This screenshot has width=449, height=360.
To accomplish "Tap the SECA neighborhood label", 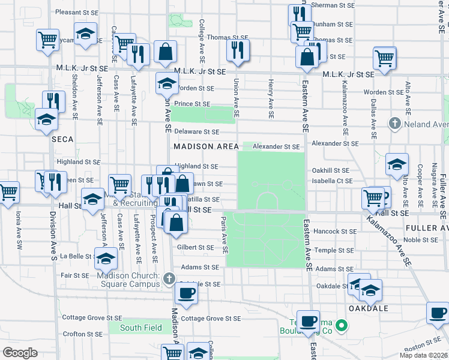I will pos(62,139).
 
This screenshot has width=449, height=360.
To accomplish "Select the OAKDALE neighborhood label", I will pos(368,308).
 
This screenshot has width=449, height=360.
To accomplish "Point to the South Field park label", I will pos(140,328).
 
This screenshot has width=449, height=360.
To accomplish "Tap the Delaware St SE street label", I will pos(196,131).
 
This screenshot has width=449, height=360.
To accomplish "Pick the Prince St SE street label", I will pos(192,104).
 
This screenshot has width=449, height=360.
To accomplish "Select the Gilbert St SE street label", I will pos(195,247).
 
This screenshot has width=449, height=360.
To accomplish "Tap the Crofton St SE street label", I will pos(83,334).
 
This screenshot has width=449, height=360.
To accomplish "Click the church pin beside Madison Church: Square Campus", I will pos(169,278).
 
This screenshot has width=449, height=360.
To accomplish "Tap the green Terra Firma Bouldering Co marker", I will pos(342,327).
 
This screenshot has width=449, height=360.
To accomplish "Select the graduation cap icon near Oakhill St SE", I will pos(396,164).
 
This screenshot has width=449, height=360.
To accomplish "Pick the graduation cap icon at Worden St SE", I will pos(167,83).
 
